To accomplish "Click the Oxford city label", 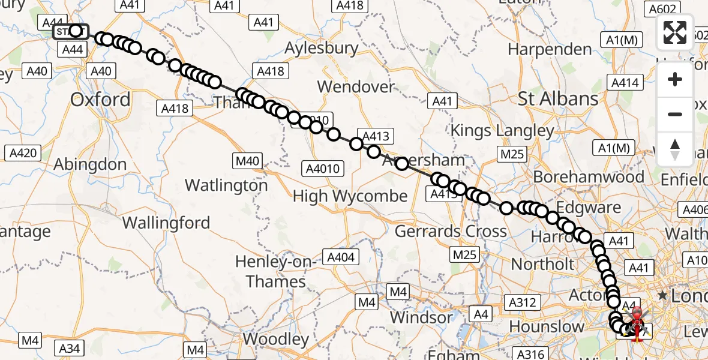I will (100, 100).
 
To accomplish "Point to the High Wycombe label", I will (350, 196).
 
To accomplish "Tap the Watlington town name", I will (226, 185).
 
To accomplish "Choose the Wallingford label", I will (166, 223).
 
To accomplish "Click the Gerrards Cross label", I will (451, 231).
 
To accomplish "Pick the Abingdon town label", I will (90, 164).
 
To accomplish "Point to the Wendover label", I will (356, 86).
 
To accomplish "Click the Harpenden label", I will (550, 49).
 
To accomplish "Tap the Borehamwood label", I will (589, 177).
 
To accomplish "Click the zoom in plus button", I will (675, 80).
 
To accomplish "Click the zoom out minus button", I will (675, 115).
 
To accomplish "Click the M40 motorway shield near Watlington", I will (247, 160).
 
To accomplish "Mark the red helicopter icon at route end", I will (636, 321).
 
